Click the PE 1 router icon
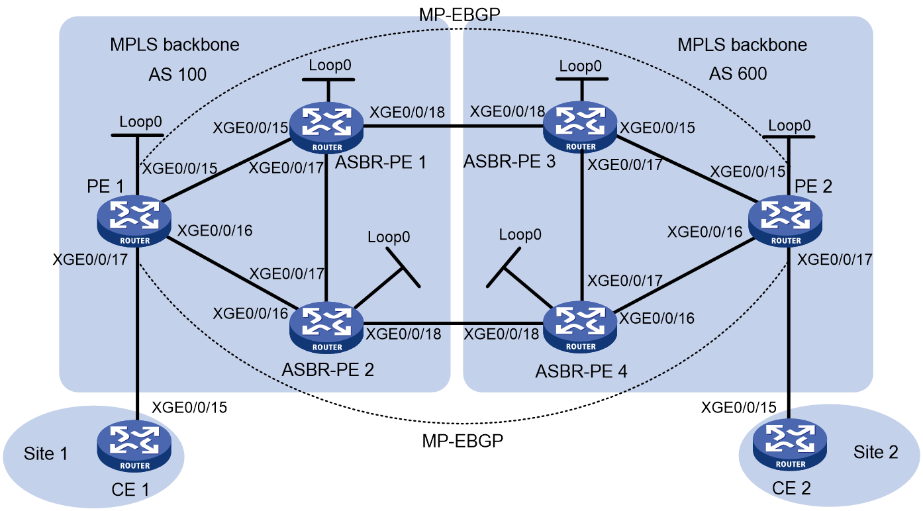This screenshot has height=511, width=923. click(x=134, y=220)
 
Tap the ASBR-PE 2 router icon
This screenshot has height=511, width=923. click(x=327, y=328)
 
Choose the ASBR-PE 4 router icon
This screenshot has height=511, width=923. click(x=580, y=328)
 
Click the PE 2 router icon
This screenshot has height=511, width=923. click(x=785, y=221)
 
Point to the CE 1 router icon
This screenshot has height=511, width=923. click(x=134, y=446)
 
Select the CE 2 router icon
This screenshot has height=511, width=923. click(x=790, y=445)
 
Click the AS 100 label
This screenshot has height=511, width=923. click(x=177, y=75)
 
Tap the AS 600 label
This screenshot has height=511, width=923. click(x=738, y=73)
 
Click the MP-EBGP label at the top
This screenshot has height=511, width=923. click(x=460, y=15)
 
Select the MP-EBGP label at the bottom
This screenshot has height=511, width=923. click(x=463, y=441)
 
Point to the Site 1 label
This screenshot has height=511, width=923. click(x=46, y=454)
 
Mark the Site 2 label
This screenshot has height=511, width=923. click(x=875, y=452)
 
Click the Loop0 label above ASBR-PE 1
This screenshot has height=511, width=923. click(x=330, y=65)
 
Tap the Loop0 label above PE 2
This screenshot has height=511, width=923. click(x=789, y=125)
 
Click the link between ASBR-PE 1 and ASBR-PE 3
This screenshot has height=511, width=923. click(x=454, y=126)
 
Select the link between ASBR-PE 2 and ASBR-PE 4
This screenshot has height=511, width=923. click(x=454, y=324)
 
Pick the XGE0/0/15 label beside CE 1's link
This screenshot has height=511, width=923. click(x=189, y=407)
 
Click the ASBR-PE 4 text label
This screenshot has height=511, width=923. click(x=581, y=371)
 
